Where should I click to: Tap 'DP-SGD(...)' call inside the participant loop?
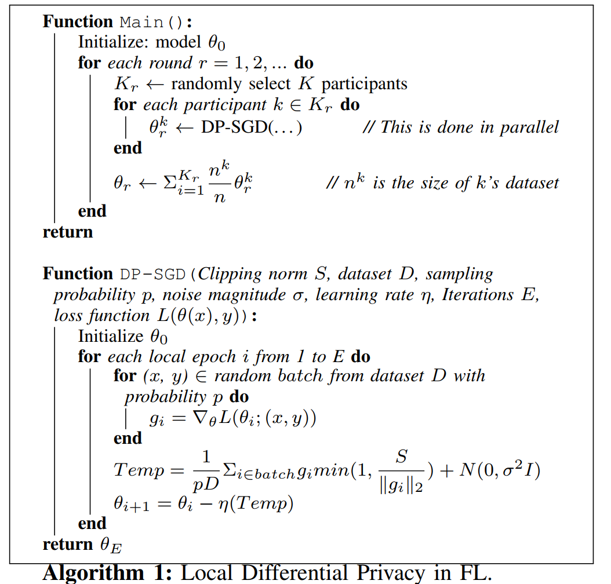coord(251,127)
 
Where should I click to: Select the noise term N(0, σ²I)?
coord(499,470)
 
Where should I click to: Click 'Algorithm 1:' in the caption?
coord(108,572)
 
